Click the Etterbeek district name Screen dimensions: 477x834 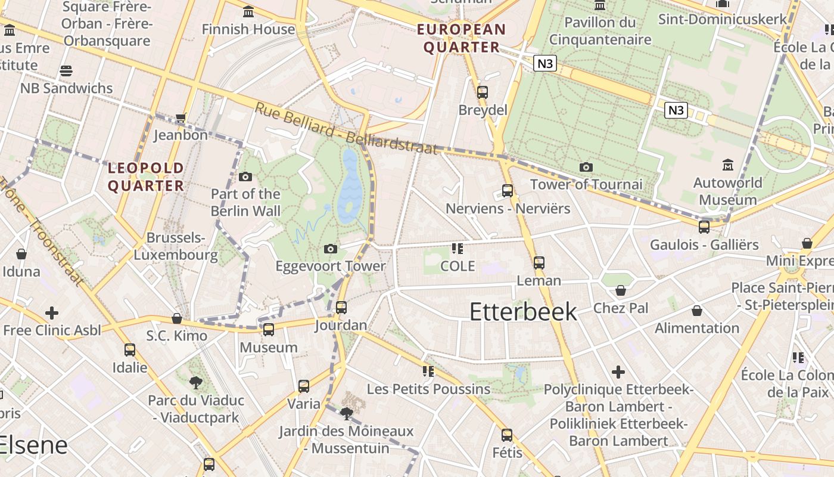(x=523, y=312)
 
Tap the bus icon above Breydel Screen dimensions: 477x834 (x=483, y=92)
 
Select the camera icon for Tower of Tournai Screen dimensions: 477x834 (x=586, y=167)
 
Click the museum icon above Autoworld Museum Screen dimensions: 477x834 (x=727, y=165)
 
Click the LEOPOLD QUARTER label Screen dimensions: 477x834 (x=146, y=177)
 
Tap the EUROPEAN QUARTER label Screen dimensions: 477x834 (x=461, y=38)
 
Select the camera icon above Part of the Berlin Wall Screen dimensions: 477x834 (x=245, y=176)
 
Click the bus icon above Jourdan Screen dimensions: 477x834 (x=341, y=308)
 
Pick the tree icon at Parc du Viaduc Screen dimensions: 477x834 (x=195, y=382)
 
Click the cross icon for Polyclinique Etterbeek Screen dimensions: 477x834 (x=618, y=372)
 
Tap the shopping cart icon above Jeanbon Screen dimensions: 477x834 (x=181, y=117)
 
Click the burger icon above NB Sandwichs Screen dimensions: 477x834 (x=66, y=71)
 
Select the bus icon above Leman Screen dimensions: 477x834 (x=539, y=262)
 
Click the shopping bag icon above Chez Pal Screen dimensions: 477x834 (x=621, y=290)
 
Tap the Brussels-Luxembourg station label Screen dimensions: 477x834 (x=175, y=246)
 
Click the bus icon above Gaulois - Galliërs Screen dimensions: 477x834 (x=704, y=227)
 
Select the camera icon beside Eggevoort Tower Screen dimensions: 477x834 (x=331, y=249)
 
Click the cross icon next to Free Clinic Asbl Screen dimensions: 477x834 (x=52, y=312)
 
